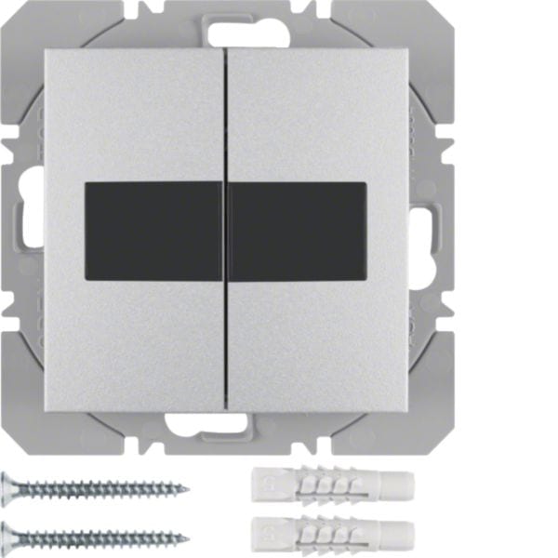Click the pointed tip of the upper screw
187,488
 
